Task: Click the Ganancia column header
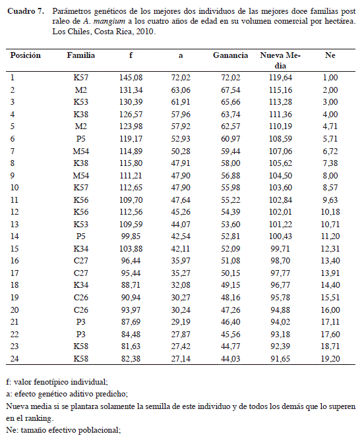(230, 55)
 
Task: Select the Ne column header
(330, 55)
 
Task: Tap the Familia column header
(81, 55)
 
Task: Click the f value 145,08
(131, 77)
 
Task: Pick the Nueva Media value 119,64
(280, 77)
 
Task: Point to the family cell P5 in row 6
(81, 139)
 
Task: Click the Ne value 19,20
(330, 359)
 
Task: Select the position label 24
(15, 359)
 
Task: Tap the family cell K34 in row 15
(81, 248)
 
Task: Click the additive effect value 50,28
(181, 151)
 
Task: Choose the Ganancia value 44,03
(231, 359)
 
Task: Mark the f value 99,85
(131, 236)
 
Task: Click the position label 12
(15, 212)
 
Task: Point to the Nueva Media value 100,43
(280, 236)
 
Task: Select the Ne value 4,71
(330, 126)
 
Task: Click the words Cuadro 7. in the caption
(26, 11)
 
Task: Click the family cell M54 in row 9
(81, 175)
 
